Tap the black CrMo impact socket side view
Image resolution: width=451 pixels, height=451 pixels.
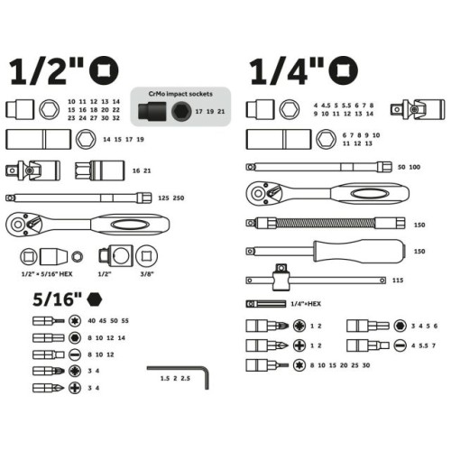click(152, 112)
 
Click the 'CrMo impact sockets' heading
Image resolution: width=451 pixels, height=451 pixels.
click(180, 94)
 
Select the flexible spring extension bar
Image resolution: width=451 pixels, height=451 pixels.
click(326, 223)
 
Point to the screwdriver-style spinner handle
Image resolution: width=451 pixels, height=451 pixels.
click(326, 251)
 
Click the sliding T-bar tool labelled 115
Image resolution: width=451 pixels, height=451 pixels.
click(316, 280)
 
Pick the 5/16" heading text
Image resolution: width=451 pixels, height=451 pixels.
click(57, 299)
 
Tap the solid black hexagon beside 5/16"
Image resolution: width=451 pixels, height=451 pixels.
click(95, 299)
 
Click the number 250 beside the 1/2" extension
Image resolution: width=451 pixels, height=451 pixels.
click(179, 198)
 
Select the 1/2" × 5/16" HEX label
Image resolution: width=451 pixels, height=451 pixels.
click(47, 274)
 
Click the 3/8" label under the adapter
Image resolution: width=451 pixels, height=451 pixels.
click(147, 274)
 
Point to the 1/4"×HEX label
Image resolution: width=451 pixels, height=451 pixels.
click(306, 304)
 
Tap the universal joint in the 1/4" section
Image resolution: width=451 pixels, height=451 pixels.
click(418, 109)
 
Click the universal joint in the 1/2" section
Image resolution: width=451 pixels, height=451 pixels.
click(32, 170)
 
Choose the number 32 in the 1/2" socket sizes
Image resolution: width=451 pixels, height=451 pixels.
click(115, 118)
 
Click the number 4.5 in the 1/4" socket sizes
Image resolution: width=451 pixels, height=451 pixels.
click(326, 106)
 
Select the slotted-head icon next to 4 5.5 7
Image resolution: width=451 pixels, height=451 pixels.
click(400, 345)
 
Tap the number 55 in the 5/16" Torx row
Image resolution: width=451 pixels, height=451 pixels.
click(124, 321)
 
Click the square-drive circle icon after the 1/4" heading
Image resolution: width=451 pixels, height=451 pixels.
click(344, 70)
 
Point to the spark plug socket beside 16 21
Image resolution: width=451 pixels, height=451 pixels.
click(100, 170)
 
